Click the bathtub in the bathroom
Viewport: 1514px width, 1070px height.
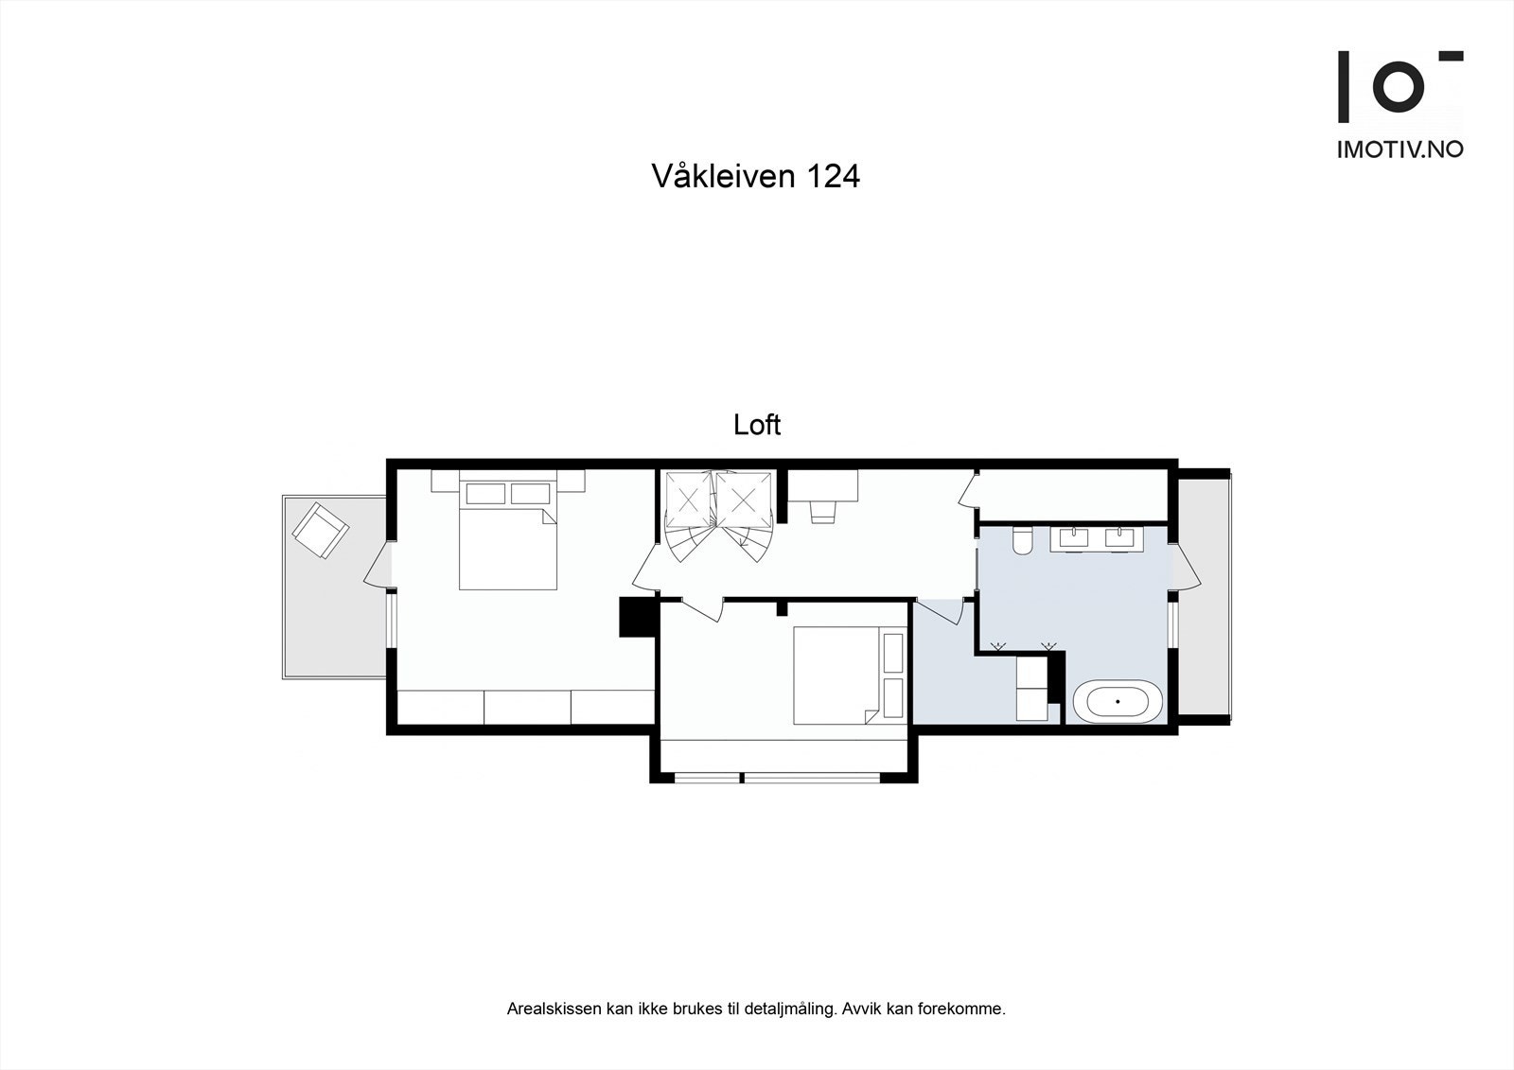click(1118, 702)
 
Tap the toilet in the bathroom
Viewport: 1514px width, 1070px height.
click(1022, 541)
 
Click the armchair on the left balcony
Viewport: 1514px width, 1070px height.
click(320, 530)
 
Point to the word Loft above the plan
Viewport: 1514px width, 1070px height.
click(757, 426)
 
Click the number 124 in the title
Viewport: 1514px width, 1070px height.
click(833, 177)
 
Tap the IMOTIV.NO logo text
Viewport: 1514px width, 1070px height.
click(1400, 149)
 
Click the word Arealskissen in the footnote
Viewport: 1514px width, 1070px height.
click(553, 1009)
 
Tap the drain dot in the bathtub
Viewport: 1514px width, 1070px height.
click(1118, 702)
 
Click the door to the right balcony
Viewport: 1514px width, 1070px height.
click(1187, 568)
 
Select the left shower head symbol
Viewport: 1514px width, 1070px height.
click(995, 646)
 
